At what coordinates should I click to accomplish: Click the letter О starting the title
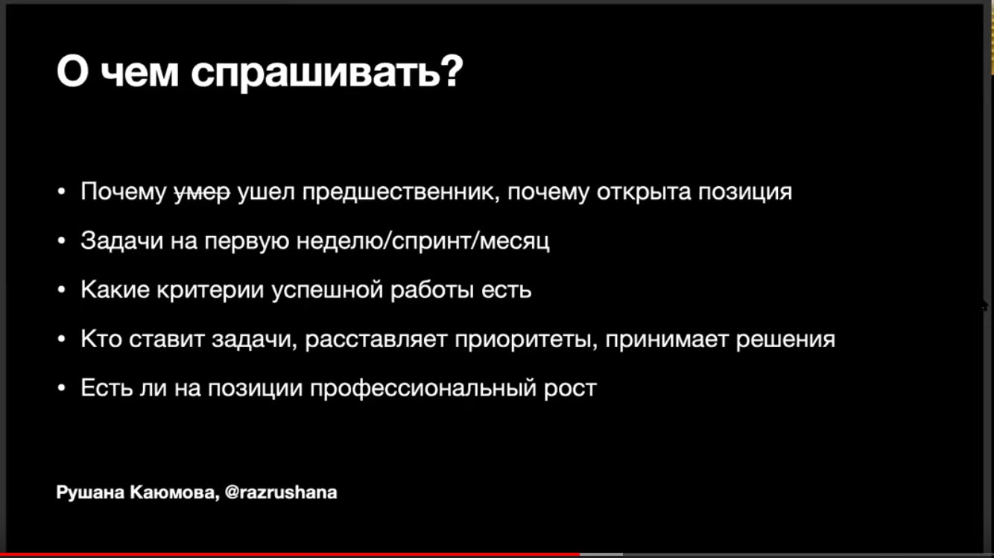[72, 71]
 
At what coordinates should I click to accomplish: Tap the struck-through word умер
[203, 192]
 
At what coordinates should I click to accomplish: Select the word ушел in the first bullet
[266, 191]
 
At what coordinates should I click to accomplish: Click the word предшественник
[401, 192]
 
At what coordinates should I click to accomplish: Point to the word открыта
[644, 192]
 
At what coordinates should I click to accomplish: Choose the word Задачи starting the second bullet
[122, 241]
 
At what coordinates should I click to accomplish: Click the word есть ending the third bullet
[507, 291]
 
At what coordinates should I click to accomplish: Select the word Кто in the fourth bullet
[101, 339]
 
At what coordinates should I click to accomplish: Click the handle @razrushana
[281, 492]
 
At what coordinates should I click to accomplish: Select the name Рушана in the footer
[90, 492]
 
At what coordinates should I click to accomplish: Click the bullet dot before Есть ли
[62, 388]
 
